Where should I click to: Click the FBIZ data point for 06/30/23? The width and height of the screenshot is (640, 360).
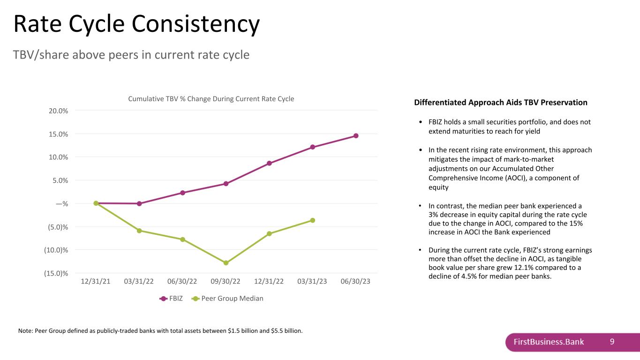(356, 136)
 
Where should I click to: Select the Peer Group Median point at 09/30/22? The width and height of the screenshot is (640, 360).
(226, 262)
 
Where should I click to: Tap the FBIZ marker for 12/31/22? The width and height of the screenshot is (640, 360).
(269, 163)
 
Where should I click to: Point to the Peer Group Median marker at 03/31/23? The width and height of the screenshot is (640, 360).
(313, 220)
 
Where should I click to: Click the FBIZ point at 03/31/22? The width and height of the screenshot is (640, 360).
(139, 204)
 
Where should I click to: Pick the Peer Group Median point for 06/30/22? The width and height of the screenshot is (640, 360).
(182, 240)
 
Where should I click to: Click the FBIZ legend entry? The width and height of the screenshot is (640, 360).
(171, 299)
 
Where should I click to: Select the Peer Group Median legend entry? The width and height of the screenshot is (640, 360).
(227, 299)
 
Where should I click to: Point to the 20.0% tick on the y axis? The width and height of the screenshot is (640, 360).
(58, 111)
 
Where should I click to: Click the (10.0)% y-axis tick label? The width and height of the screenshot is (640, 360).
(56, 250)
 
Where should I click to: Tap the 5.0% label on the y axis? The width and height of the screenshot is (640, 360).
(60, 180)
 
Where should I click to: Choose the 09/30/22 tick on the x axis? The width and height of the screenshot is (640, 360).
(226, 281)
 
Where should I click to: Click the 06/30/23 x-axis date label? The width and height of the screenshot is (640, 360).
(355, 281)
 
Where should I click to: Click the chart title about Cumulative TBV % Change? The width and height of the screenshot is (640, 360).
(211, 99)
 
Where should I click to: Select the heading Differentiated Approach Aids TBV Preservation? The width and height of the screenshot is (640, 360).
(501, 102)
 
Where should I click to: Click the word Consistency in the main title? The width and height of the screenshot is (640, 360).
(196, 24)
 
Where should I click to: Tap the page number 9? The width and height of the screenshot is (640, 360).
(612, 342)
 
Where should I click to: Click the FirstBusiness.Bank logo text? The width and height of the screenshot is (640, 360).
(549, 342)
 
